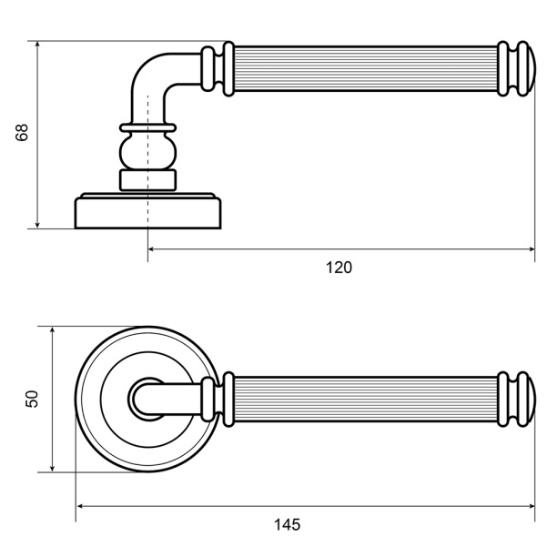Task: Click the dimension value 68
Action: (x=22, y=133)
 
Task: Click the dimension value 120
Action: (x=339, y=268)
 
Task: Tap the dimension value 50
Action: (x=32, y=399)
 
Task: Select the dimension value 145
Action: (x=287, y=524)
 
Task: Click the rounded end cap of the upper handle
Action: (x=532, y=69)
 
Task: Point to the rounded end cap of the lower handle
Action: (x=532, y=400)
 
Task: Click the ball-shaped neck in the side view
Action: (x=147, y=150)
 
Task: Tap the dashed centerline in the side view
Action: (x=147, y=178)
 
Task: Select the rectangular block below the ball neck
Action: (x=147, y=180)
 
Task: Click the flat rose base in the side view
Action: (x=147, y=210)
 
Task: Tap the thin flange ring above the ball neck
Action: (x=147, y=127)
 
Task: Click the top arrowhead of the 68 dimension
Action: (x=37, y=45)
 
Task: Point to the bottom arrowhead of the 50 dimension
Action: (x=52, y=469)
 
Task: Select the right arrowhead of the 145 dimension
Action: (x=532, y=506)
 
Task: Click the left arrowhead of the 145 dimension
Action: (x=80, y=506)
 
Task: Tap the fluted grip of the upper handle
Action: (x=365, y=69)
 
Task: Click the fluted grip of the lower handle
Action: (x=365, y=400)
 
